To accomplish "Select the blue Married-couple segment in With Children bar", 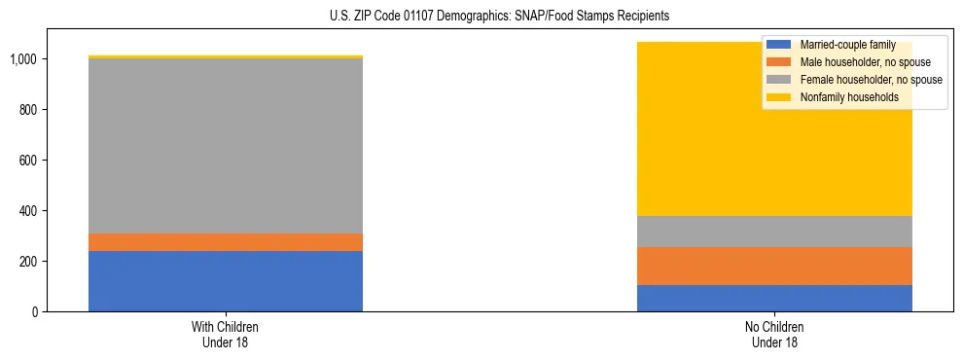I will pyautogui.click(x=226, y=281).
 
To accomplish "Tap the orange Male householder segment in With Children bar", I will pyautogui.click(x=226, y=242).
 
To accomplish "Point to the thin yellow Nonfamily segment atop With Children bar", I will pyautogui.click(x=226, y=56).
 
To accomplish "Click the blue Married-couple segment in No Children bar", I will pyautogui.click(x=774, y=298).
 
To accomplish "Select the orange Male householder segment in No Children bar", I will pyautogui.click(x=774, y=266).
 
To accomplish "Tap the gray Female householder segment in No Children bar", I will pyautogui.click(x=774, y=232).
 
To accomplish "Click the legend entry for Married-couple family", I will pyautogui.click(x=846, y=45).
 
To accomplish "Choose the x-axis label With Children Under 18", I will pyautogui.click(x=226, y=334).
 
